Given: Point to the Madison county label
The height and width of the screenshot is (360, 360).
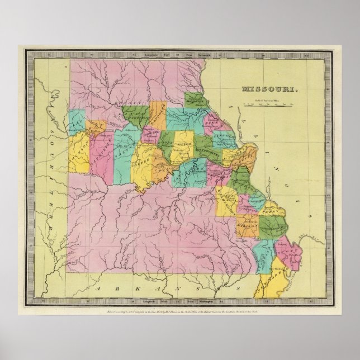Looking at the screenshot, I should pyautogui.click(x=243, y=225).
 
